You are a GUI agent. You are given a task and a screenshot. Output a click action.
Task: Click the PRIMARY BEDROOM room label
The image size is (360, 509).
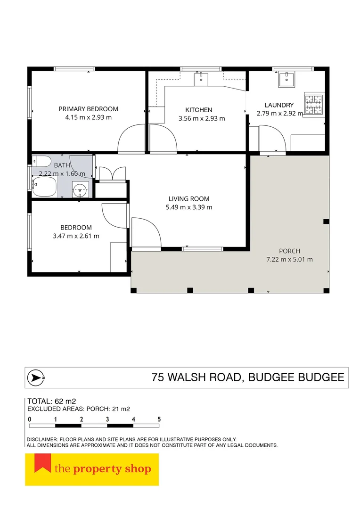coord(88,109)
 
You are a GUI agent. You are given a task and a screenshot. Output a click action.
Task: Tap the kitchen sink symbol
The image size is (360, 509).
coord(201,80)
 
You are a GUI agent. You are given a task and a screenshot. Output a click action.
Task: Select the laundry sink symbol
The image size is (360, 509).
coord(286,80)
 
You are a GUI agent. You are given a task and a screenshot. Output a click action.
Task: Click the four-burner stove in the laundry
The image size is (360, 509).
coord(313,105)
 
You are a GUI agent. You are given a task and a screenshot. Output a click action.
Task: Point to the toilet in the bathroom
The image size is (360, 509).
coord(41,161)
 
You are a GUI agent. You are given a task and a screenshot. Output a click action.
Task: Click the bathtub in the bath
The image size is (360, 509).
coord(44,186)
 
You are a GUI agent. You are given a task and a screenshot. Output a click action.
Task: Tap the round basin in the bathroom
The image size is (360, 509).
coord(80,190)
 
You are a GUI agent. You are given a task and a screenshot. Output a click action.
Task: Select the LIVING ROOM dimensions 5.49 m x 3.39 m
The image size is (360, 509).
coord(189,207)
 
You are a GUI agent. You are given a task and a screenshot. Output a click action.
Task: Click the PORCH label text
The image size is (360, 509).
coord(290,251)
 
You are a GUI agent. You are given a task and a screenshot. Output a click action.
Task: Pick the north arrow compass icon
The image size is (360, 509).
coord(36,378)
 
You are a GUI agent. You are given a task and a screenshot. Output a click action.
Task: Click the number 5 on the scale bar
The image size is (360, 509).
coord(159,419)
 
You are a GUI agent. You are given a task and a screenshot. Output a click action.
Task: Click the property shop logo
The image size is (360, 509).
coord(92,469)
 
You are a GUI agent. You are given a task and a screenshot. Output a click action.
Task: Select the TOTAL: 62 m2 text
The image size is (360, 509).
coord(52,402)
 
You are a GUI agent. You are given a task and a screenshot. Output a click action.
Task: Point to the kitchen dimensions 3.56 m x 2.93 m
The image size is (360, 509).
coord(202,118)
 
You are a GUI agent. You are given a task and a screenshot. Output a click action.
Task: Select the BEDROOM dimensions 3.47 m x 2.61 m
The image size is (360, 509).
coord(76,236)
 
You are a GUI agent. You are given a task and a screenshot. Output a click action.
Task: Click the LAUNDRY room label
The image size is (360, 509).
coord(279,105)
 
